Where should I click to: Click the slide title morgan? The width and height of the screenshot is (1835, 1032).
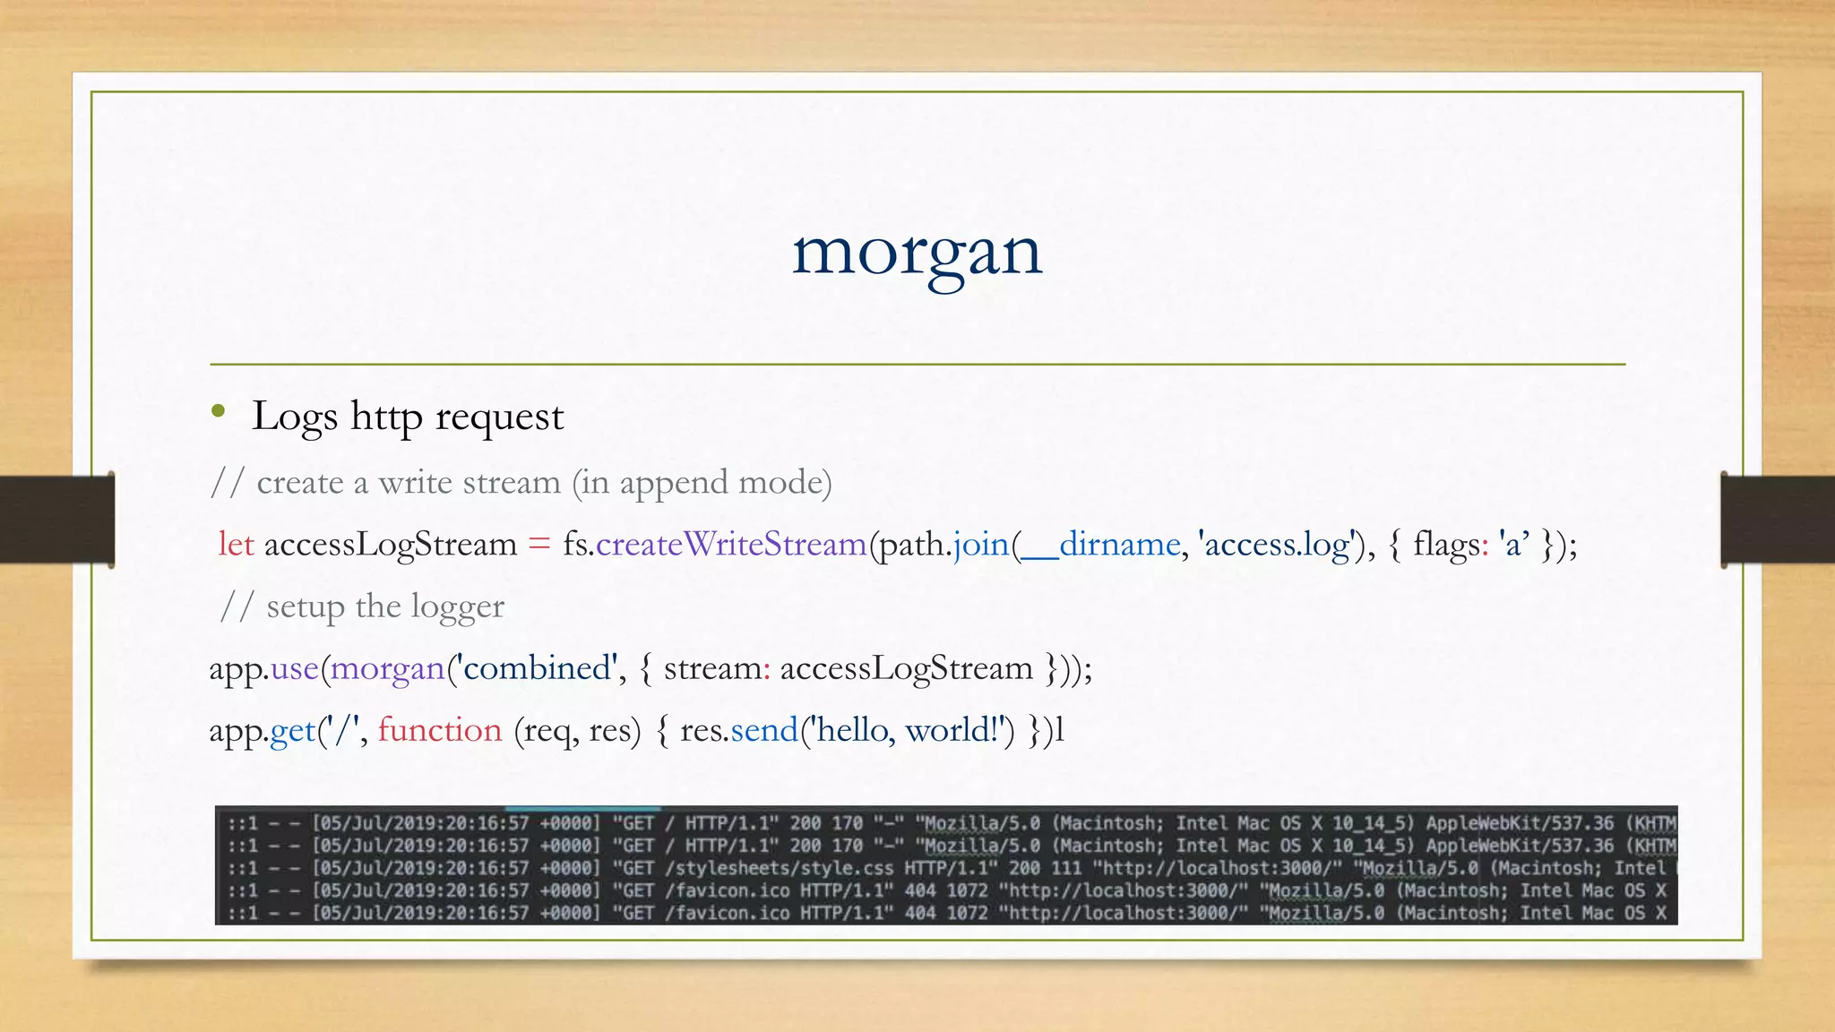[x=917, y=253]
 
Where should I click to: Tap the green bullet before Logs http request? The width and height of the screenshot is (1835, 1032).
[x=219, y=412]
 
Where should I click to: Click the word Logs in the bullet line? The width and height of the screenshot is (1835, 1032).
[x=295, y=417]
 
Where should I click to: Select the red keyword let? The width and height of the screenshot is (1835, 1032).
[x=236, y=544]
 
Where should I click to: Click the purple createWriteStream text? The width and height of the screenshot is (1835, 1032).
[x=731, y=544]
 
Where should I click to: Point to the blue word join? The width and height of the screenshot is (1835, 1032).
[x=981, y=544]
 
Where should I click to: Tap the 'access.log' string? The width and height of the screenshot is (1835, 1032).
[x=1277, y=544]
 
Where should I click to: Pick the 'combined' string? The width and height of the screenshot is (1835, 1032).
[x=536, y=668]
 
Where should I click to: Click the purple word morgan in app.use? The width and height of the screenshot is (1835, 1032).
[x=387, y=668]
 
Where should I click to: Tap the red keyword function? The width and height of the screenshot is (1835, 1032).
[x=439, y=730]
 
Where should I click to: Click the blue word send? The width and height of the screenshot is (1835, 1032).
[x=763, y=730]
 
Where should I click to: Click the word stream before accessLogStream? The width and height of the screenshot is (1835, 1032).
[x=712, y=668]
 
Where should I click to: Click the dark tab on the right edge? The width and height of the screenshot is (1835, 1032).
[x=1777, y=520]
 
